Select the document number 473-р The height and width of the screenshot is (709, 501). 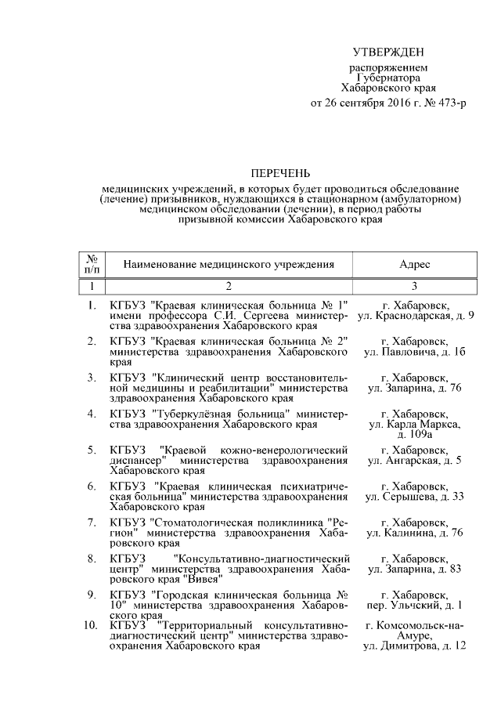pos(446,103)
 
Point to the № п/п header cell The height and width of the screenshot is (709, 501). pos(92,265)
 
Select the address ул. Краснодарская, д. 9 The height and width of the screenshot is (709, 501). pos(415,315)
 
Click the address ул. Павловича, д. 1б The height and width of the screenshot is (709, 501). pos(415,353)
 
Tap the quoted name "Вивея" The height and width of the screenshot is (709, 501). pos(201,579)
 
